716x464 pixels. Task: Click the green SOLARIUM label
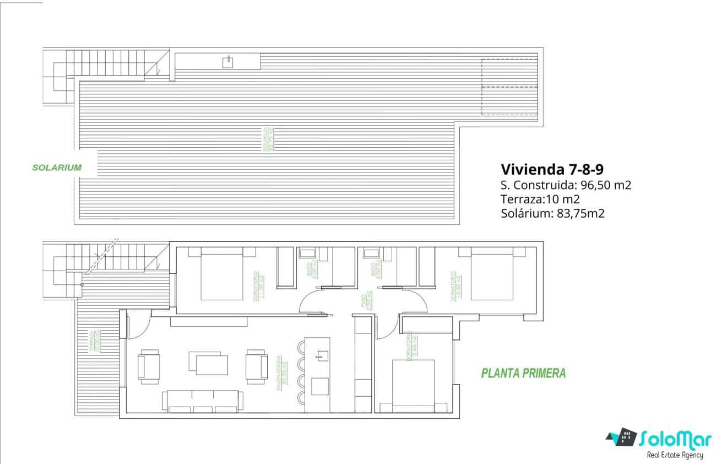click(57, 168)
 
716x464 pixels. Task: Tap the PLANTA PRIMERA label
click(523, 373)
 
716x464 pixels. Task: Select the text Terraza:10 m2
click(541, 199)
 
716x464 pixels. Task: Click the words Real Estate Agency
click(675, 455)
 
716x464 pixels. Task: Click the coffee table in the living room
click(208, 364)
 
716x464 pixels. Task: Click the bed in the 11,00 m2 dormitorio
click(221, 275)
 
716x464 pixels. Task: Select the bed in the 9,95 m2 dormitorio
click(413, 385)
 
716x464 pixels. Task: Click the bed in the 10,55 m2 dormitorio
click(493, 275)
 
